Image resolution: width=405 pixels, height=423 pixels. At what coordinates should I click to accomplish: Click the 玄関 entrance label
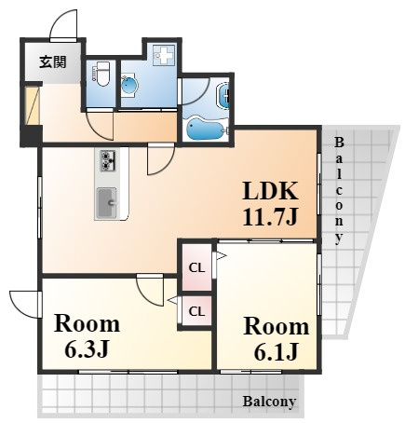[53, 62]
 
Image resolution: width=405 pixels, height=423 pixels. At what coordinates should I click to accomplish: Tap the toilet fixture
[101, 74]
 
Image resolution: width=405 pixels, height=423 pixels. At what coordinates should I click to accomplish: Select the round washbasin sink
[128, 85]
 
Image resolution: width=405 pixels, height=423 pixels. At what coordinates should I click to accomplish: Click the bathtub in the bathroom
[205, 129]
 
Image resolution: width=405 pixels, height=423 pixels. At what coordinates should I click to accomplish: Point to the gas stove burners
[108, 160]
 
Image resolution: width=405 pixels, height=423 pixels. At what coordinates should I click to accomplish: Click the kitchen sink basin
[106, 203]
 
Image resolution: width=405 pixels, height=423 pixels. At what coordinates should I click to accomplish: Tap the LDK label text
[270, 191]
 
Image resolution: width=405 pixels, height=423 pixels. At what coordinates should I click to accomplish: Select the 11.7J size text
[270, 216]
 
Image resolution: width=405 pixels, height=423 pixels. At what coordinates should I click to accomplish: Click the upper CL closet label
[196, 267]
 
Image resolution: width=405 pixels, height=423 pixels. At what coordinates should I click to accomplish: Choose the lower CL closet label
[196, 311]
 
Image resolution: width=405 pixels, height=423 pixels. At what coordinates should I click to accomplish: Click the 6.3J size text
[87, 349]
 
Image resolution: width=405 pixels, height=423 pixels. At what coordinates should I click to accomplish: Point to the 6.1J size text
[276, 352]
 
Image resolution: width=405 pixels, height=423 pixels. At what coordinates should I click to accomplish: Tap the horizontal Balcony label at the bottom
[269, 402]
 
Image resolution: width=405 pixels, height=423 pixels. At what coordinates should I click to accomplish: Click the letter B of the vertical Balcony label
[339, 143]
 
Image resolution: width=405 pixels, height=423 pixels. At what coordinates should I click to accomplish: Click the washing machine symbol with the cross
[164, 55]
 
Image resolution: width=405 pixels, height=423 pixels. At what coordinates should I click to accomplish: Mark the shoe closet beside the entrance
[33, 105]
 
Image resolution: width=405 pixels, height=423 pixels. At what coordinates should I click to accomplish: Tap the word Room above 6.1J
[276, 326]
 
